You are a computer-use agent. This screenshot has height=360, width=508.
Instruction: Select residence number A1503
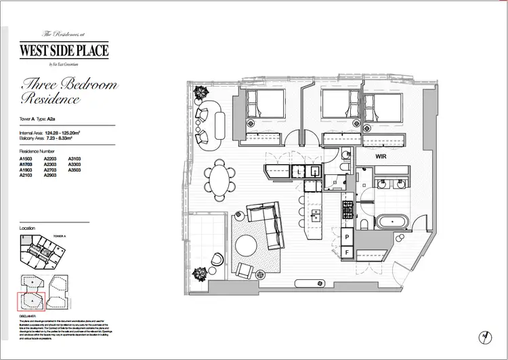(27, 159)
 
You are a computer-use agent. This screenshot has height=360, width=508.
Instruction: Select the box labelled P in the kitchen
(347, 237)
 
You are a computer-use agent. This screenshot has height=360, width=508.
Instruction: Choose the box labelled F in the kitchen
(347, 252)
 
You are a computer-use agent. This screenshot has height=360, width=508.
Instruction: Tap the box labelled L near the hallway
(299, 173)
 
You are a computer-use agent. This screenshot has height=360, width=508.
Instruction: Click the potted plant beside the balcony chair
(200, 273)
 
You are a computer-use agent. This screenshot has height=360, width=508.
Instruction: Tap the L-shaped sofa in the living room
(268, 223)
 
